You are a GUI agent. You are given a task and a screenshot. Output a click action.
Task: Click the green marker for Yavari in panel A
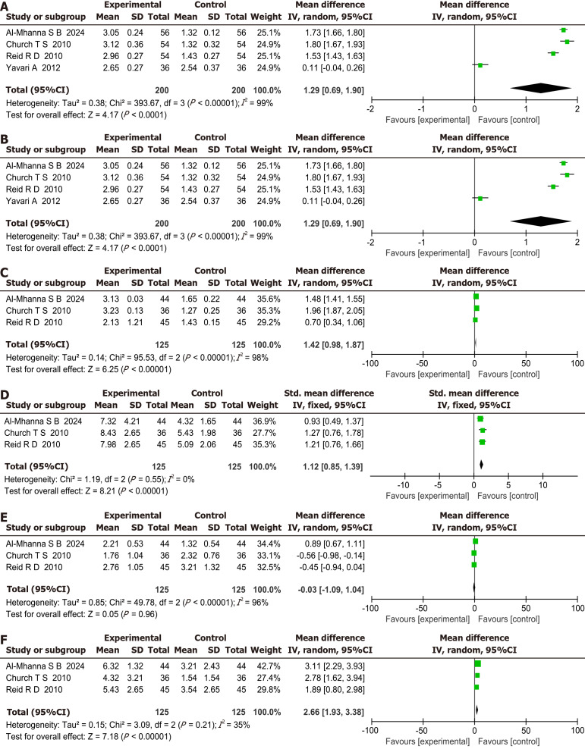(x=480, y=64)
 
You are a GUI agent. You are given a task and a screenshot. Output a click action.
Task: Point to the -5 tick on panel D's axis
(x=438, y=483)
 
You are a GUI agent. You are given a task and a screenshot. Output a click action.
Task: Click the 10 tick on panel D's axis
(x=543, y=483)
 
